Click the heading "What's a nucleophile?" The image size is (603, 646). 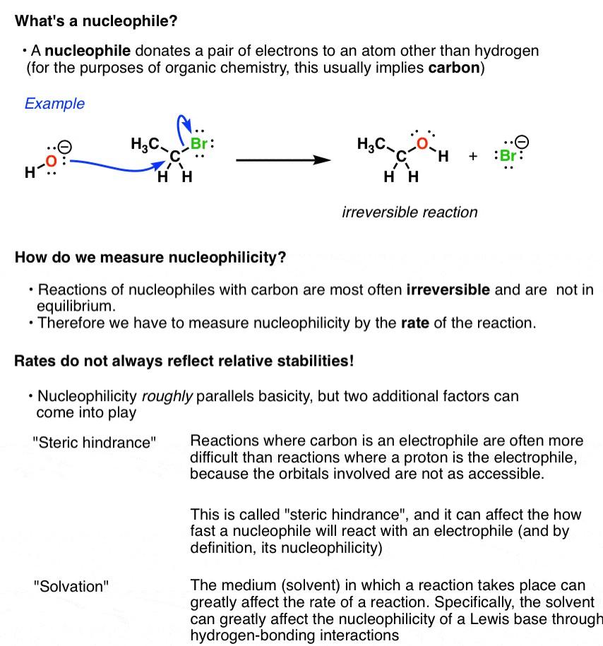click(x=96, y=21)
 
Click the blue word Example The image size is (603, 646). click(x=54, y=103)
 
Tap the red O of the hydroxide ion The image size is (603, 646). click(x=51, y=162)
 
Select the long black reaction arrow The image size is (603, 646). click(x=282, y=160)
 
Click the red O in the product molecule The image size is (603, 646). click(x=422, y=144)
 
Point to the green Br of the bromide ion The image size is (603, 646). click(x=508, y=156)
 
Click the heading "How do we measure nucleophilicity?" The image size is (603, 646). click(x=150, y=257)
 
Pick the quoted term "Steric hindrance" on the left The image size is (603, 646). click(x=95, y=443)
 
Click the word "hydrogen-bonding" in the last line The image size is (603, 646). click(x=237, y=635)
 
